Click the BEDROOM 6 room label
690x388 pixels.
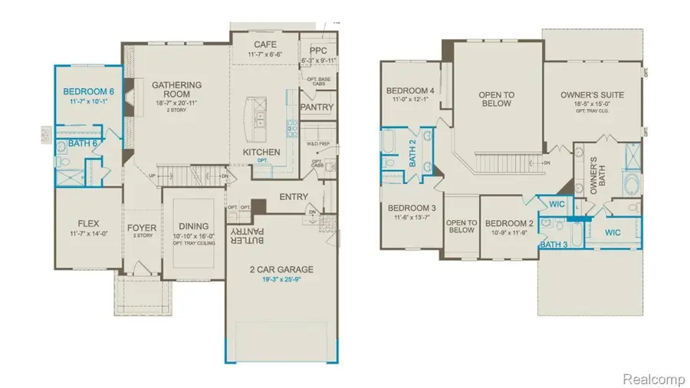point(87,90)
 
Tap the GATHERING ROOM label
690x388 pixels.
point(176,90)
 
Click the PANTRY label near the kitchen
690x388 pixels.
point(317,107)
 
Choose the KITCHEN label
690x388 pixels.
point(261,153)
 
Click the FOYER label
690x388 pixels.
point(142,227)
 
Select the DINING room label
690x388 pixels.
point(194,226)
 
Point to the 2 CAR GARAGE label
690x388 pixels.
point(281,268)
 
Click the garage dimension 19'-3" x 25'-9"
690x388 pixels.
point(281,280)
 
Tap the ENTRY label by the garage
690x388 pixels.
point(293,197)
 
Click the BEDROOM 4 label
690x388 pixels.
point(410,90)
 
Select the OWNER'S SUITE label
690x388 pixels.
point(592,95)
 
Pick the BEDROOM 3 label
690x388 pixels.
point(412,208)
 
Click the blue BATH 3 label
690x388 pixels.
point(554,245)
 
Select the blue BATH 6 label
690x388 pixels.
point(83,143)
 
